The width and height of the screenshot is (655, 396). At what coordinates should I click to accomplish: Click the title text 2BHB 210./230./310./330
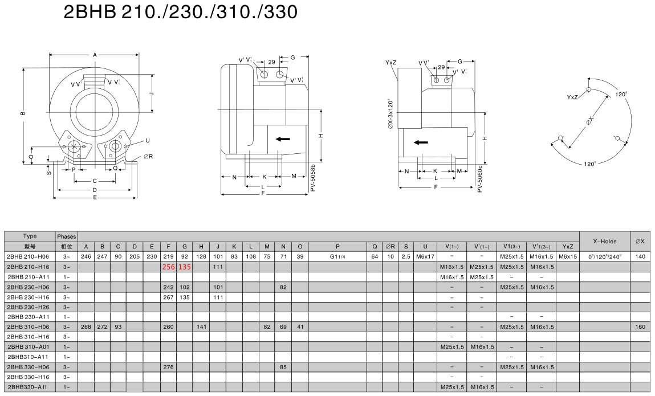[181, 12]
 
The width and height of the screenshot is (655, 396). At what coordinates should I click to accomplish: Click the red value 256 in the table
[169, 267]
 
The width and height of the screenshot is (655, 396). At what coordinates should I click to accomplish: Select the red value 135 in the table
[185, 267]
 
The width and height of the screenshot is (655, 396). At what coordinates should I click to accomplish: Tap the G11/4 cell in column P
[337, 256]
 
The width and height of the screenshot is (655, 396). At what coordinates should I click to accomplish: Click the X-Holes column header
[604, 241]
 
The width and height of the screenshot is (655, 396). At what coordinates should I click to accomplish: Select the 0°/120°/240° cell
[604, 256]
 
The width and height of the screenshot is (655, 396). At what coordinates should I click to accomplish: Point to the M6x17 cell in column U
[425, 256]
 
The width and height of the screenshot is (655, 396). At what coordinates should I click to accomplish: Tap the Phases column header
[66, 236]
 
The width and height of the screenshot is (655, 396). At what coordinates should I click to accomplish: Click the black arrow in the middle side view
[282, 138]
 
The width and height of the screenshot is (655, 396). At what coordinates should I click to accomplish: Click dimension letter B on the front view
[23, 113]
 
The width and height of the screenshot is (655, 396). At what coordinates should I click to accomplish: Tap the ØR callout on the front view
[148, 156]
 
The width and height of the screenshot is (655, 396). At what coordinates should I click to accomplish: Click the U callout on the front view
[148, 140]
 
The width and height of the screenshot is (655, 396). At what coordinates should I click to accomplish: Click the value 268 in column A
[86, 326]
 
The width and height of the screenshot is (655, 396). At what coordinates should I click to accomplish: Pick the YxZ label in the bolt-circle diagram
[572, 97]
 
